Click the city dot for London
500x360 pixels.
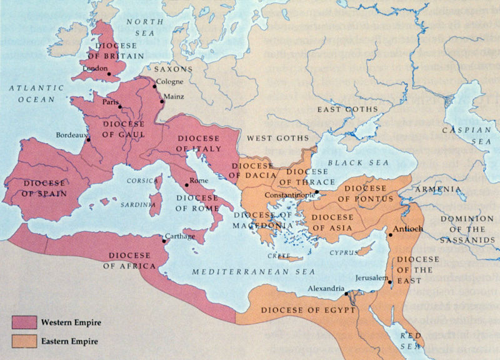(x=109, y=74)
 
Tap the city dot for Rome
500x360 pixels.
(x=186, y=185)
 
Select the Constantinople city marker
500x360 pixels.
(x=317, y=192)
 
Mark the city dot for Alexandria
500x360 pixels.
(x=347, y=292)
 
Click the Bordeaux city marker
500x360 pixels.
(x=88, y=139)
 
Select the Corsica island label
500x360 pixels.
(x=142, y=181)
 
